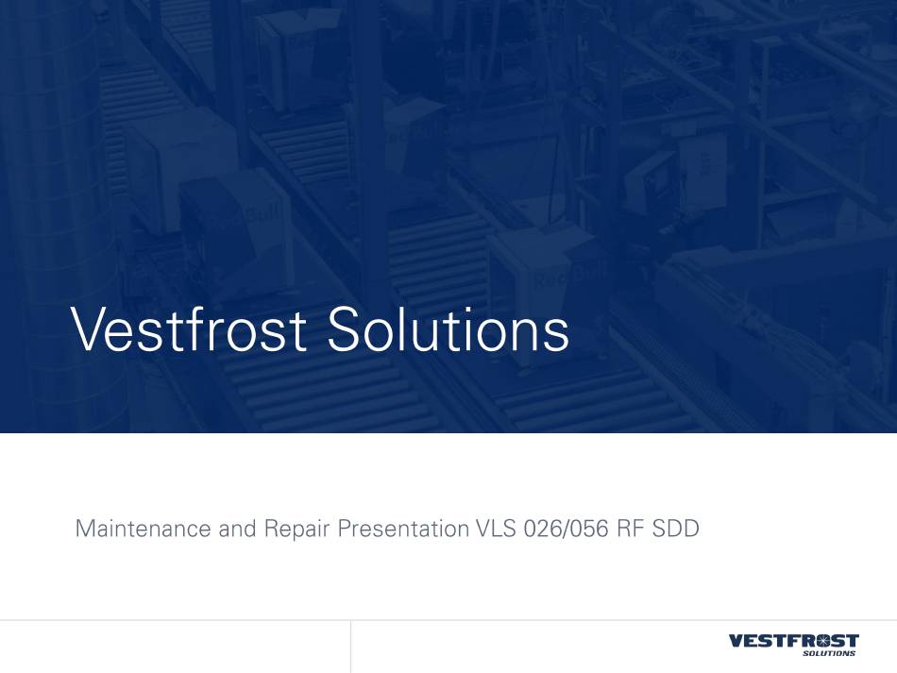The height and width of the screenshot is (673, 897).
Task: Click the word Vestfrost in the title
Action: point(189,329)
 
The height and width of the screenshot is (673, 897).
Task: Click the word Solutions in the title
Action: point(448,329)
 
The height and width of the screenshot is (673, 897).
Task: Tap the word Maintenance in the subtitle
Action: point(143,529)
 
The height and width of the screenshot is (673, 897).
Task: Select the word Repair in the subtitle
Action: point(296,530)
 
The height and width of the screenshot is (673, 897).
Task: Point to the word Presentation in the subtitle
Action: point(403,529)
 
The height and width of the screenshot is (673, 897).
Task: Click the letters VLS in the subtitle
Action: point(496,529)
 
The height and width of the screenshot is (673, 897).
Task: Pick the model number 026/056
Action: point(566,529)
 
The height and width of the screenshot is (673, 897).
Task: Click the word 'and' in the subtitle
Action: point(237,529)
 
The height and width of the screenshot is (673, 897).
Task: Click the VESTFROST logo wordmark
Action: point(794,640)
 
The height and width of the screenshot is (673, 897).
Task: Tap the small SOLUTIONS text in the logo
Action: point(830,653)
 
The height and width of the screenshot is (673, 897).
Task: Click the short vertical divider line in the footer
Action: point(350,647)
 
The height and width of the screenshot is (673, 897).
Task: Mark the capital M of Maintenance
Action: point(86,529)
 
